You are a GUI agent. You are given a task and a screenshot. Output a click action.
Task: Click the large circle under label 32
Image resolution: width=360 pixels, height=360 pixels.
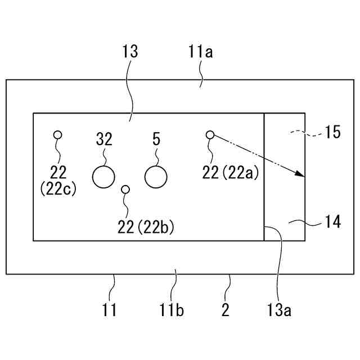[x=103, y=177]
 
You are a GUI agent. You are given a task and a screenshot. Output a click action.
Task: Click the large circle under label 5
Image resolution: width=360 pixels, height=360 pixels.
[x=156, y=177]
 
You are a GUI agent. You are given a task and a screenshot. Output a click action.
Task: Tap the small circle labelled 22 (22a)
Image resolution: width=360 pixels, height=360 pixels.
[x=210, y=134]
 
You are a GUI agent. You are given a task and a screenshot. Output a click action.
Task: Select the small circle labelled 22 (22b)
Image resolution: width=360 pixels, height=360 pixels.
[x=125, y=190]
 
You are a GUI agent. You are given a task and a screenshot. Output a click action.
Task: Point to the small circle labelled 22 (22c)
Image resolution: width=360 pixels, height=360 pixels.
[x=57, y=134]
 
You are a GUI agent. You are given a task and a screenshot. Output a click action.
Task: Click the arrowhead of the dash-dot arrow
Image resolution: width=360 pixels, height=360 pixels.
[x=301, y=175]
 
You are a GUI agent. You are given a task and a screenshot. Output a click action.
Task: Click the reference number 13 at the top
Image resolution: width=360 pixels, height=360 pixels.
[x=129, y=52]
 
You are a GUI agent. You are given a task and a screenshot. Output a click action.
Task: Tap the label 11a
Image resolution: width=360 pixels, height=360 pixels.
[x=200, y=53]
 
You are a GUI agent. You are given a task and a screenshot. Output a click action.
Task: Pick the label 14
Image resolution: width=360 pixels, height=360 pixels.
[x=332, y=222]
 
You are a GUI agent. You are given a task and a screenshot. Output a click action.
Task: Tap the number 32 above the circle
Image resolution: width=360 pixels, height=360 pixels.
[x=105, y=138]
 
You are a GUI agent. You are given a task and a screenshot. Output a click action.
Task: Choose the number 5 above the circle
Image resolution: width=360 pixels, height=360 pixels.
[x=156, y=138]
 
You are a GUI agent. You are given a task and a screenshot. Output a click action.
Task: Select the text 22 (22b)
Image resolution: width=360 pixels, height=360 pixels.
[x=146, y=227]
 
